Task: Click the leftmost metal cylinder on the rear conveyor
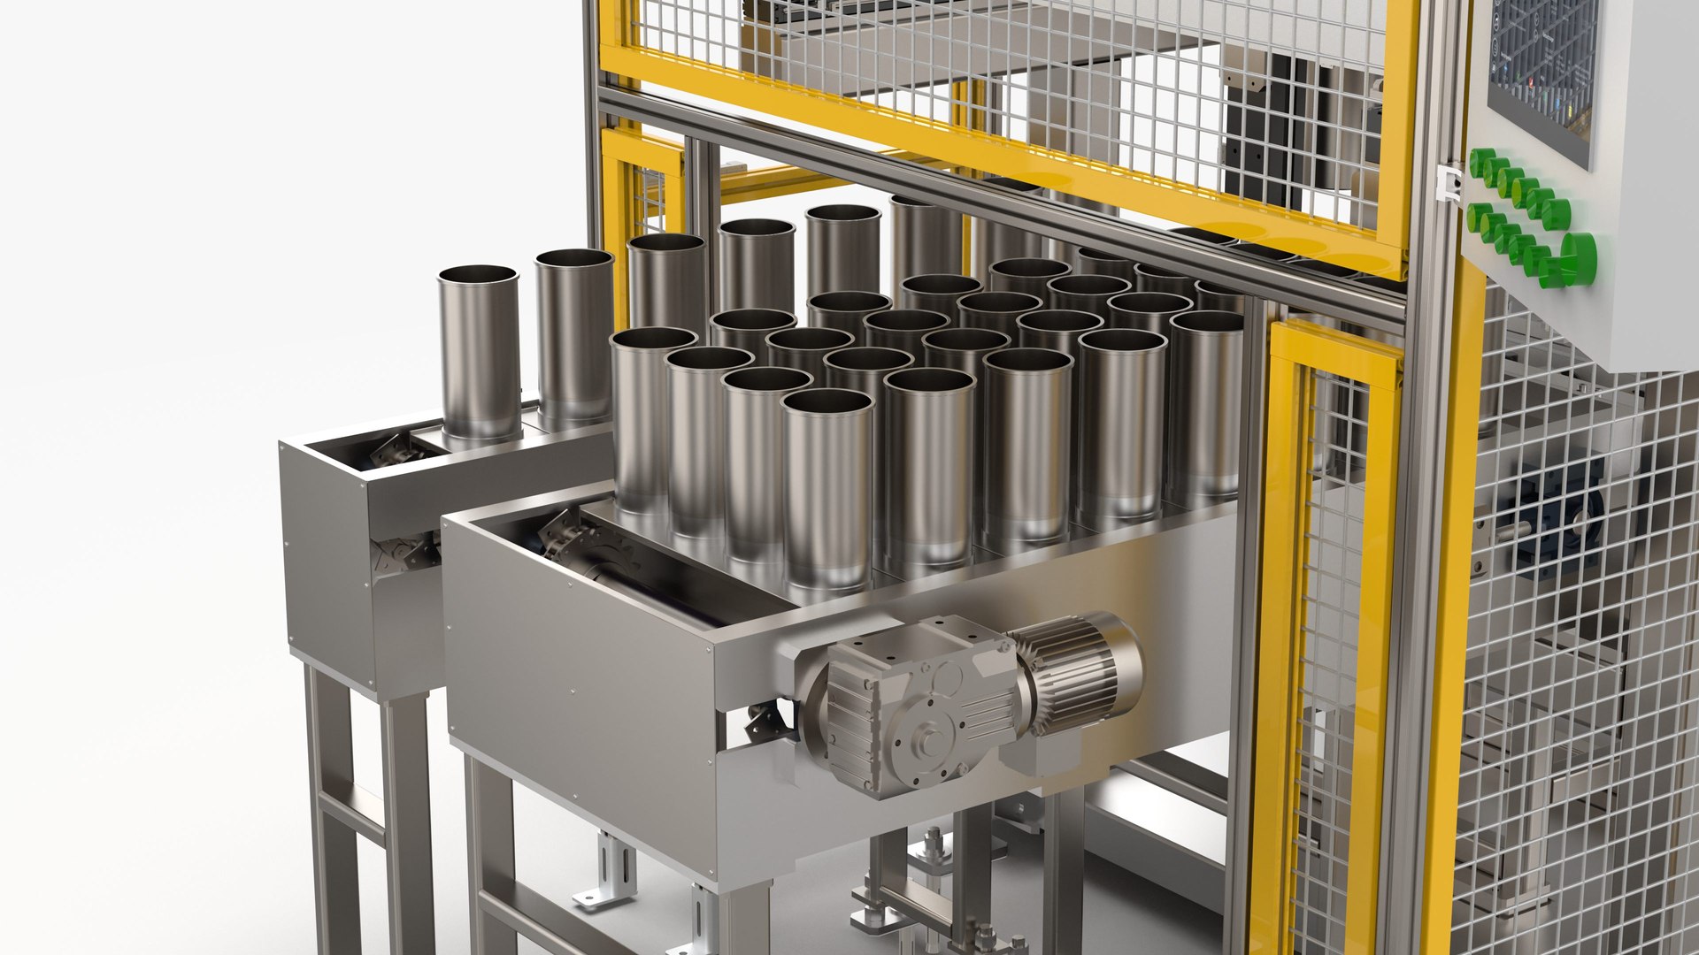pyautogui.click(x=479, y=354)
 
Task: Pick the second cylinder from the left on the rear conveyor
pyautogui.click(x=573, y=336)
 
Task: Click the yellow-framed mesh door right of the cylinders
pyautogui.click(x=1332, y=619)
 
